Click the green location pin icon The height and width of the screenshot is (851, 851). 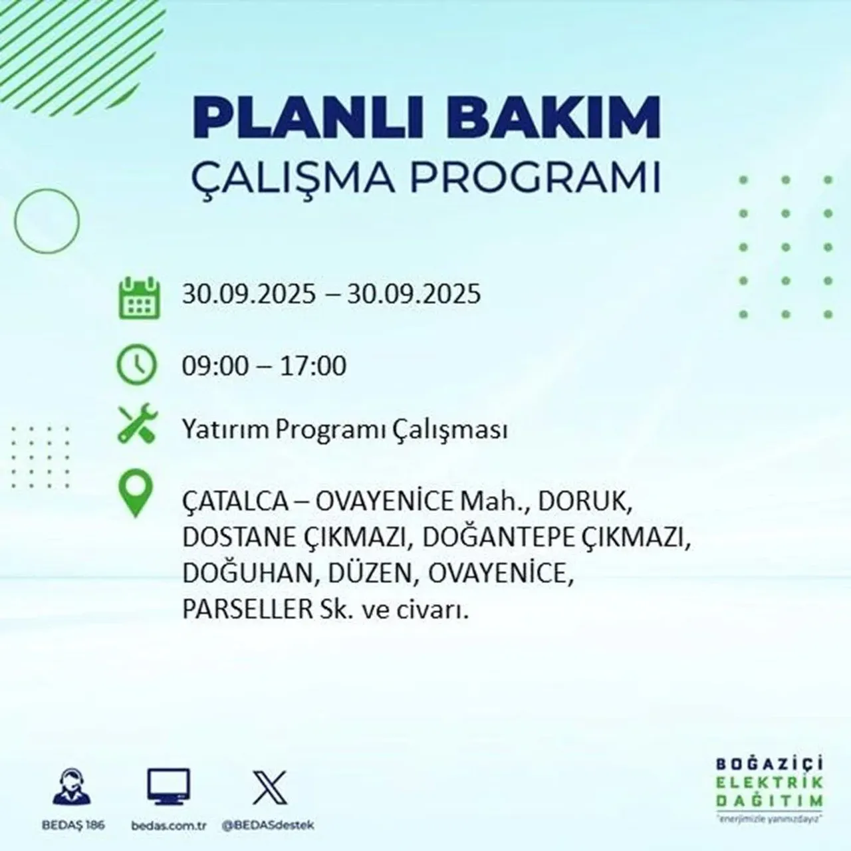coord(134,495)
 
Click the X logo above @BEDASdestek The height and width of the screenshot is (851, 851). coord(270,788)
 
